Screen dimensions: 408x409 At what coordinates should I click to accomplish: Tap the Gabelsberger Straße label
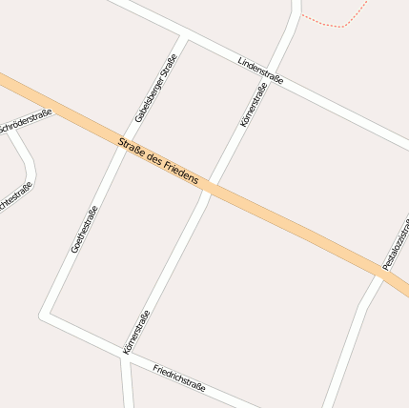(x=156, y=89)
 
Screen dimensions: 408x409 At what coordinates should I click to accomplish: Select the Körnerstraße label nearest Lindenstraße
(x=253, y=106)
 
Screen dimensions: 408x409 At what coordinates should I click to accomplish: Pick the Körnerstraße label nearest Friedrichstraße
(x=136, y=333)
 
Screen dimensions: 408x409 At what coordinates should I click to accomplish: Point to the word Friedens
(x=181, y=173)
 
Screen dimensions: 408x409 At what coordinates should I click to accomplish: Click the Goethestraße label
(x=84, y=229)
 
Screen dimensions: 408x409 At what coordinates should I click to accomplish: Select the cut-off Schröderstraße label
(x=25, y=120)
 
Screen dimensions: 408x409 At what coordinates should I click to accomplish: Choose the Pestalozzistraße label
(x=396, y=243)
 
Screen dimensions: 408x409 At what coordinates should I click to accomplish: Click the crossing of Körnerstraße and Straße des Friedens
(x=210, y=186)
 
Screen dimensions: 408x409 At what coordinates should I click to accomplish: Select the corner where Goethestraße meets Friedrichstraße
(x=46, y=314)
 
